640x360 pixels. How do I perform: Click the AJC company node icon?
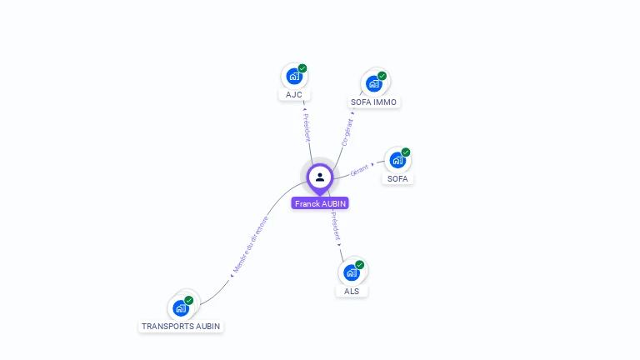pyautogui.click(x=293, y=76)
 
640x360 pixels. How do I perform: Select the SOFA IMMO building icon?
pyautogui.click(x=373, y=82)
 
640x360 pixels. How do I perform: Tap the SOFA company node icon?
pyautogui.click(x=397, y=159)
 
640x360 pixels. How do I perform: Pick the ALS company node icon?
pyautogui.click(x=351, y=272)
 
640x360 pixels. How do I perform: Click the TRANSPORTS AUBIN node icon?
pyautogui.click(x=180, y=307)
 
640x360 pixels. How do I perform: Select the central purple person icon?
pyautogui.click(x=320, y=177)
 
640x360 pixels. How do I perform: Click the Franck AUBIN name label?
pyautogui.click(x=320, y=203)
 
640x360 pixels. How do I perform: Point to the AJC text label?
pyautogui.click(x=293, y=94)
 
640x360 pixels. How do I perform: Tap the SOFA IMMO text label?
pyautogui.click(x=373, y=102)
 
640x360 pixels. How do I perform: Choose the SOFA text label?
pyautogui.click(x=398, y=178)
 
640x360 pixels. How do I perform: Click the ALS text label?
pyautogui.click(x=352, y=291)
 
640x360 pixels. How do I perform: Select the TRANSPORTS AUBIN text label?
pyautogui.click(x=181, y=326)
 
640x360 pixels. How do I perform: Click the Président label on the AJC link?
pyautogui.click(x=306, y=127)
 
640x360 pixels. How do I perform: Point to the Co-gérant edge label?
pyautogui.click(x=347, y=132)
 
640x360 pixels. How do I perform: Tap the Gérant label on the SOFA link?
pyautogui.click(x=360, y=170)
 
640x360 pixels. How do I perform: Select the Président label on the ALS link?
pyautogui.click(x=335, y=226)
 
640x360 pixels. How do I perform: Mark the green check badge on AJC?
pyautogui.click(x=302, y=68)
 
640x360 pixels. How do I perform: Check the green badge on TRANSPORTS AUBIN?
pyautogui.click(x=189, y=300)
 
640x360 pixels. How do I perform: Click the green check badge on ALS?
pyautogui.click(x=360, y=265)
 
